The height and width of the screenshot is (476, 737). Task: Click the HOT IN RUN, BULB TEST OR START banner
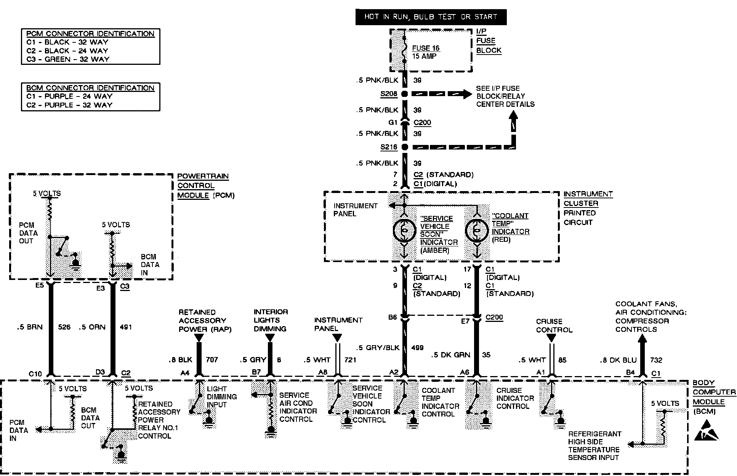coord(431,17)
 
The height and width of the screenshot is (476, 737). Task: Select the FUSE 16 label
coord(426,48)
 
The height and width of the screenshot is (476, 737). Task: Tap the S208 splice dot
coord(405,94)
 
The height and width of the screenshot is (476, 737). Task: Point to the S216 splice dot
coord(405,147)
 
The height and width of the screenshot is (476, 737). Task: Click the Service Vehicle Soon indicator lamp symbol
coord(404,230)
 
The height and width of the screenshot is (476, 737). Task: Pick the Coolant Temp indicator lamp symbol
coord(476,230)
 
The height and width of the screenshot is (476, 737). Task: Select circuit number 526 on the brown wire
coord(64,327)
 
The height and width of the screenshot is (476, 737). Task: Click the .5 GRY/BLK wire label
coord(378,347)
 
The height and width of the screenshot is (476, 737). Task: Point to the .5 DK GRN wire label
coord(450,355)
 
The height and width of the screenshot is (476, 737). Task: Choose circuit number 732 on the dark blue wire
coord(656,360)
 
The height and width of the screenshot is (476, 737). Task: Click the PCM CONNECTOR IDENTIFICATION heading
coord(90,34)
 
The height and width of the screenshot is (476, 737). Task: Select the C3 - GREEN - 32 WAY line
coord(67,59)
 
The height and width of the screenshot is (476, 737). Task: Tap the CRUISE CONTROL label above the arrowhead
coord(554,325)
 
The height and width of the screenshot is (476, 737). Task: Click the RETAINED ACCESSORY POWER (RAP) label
coord(205,320)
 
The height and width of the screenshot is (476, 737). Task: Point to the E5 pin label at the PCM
coord(40,285)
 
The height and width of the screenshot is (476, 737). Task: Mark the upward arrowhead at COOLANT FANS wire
coord(642,339)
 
